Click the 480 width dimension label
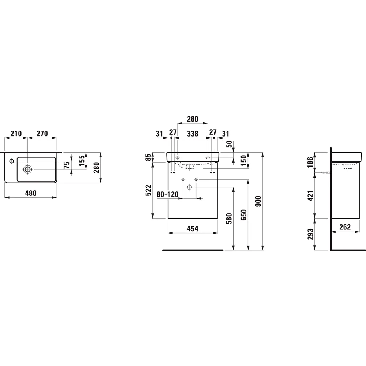pyautogui.click(x=31, y=193)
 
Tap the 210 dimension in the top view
pyautogui.click(x=16, y=134)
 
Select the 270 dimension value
pyautogui.click(x=42, y=134)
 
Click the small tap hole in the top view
pyautogui.click(x=11, y=161)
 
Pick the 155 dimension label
pyautogui.click(x=82, y=160)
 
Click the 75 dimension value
pyautogui.click(x=67, y=165)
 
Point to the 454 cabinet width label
pyautogui.click(x=193, y=228)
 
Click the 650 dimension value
pyautogui.click(x=243, y=214)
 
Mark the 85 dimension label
pyautogui.click(x=147, y=157)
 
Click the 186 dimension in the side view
pyautogui.click(x=311, y=161)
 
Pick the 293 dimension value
pyautogui.click(x=311, y=234)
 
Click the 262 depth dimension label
pyautogui.click(x=345, y=227)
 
